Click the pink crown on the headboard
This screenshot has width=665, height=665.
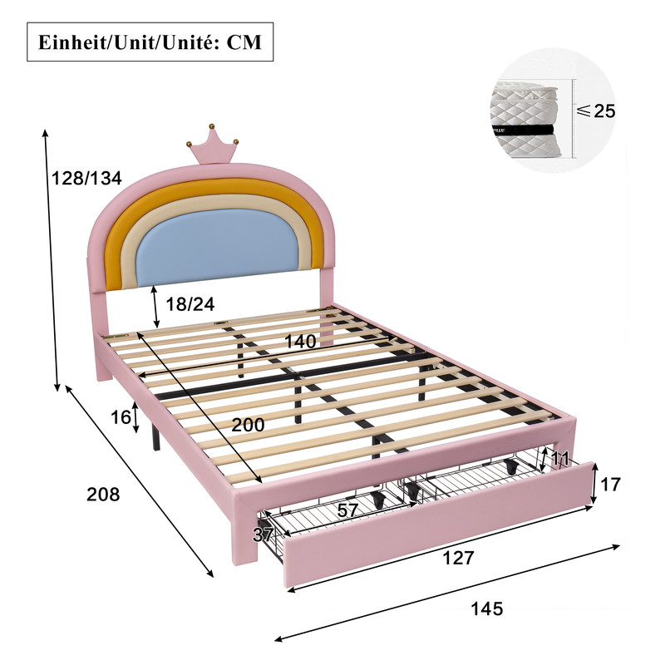click(213, 149)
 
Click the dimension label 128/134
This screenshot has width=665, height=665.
click(86, 178)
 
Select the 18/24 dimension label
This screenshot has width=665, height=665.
click(190, 304)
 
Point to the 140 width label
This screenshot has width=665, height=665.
click(300, 342)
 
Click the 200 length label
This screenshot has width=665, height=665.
click(248, 424)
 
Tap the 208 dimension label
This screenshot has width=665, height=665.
click(103, 494)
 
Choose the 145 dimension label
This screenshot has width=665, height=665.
click(487, 608)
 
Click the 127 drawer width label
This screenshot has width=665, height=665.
click(458, 558)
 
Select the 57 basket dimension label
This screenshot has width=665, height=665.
click(347, 510)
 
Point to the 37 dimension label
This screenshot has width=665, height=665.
click(263, 534)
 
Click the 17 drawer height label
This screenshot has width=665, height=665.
click(610, 485)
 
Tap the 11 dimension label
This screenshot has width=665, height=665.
click(559, 459)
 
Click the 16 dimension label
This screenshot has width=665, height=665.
click(121, 417)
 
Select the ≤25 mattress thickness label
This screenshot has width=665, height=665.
click(595, 111)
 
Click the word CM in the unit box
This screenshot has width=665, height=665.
click(244, 42)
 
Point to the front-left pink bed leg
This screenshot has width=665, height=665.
click(244, 534)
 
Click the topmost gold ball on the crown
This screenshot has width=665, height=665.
click(211, 126)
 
